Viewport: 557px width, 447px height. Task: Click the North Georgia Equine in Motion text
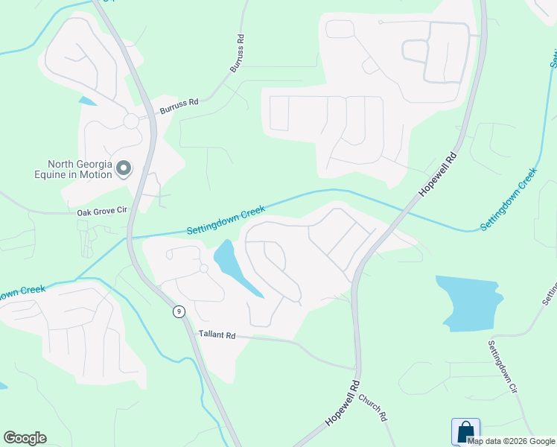[x=79, y=169]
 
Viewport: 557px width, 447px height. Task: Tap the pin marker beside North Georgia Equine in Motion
[x=124, y=170]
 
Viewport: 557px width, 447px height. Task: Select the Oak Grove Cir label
[x=103, y=212]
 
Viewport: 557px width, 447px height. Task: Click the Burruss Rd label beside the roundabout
[x=179, y=107]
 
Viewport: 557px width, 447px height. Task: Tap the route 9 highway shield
[x=179, y=311]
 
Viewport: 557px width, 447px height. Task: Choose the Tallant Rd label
[x=217, y=335]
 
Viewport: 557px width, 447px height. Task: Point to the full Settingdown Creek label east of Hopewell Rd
[x=509, y=199]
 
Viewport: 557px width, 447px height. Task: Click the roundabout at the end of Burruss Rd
[x=131, y=121]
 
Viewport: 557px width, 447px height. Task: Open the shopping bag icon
[x=465, y=431]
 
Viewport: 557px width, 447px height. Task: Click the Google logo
[x=25, y=438]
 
